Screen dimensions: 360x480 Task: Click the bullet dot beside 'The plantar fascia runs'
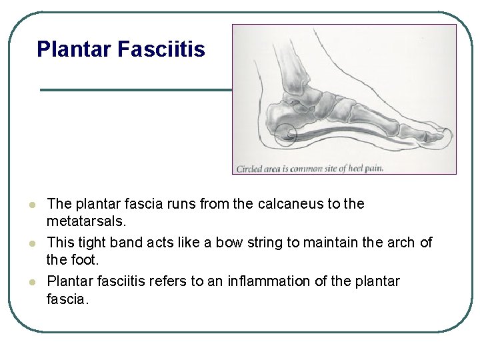(x=31, y=205)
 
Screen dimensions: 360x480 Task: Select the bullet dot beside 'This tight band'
(x=31, y=243)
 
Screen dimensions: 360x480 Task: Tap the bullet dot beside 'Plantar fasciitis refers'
(x=31, y=282)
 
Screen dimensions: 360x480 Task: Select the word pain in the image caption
(x=375, y=168)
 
